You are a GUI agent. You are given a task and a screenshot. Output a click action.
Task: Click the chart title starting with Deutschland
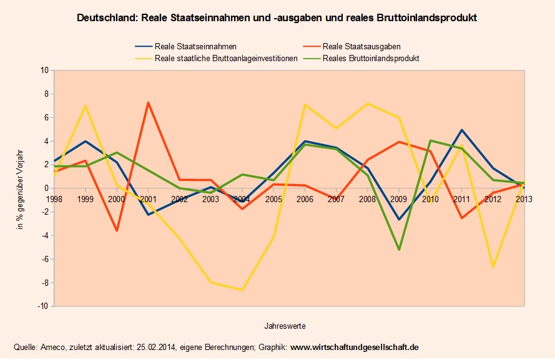click(277, 18)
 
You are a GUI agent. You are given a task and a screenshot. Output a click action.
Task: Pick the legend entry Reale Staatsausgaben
click(361, 46)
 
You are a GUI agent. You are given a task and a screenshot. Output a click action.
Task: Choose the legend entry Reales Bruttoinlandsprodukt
click(371, 58)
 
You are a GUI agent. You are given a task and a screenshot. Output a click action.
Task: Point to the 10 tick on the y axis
click(44, 71)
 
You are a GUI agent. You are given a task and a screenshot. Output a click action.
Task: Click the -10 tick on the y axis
click(43, 306)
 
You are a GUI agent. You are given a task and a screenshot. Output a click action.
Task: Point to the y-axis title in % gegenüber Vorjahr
click(21, 188)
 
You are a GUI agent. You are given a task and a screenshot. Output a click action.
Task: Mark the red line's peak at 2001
click(148, 102)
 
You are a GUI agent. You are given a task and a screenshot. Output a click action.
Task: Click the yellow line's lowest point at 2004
click(242, 290)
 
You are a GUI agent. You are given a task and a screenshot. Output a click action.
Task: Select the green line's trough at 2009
click(398, 250)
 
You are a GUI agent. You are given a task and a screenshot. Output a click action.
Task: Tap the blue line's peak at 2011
click(461, 130)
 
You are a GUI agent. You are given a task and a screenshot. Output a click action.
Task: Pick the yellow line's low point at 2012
click(493, 266)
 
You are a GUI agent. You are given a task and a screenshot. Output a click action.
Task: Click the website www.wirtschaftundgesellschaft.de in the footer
click(355, 347)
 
